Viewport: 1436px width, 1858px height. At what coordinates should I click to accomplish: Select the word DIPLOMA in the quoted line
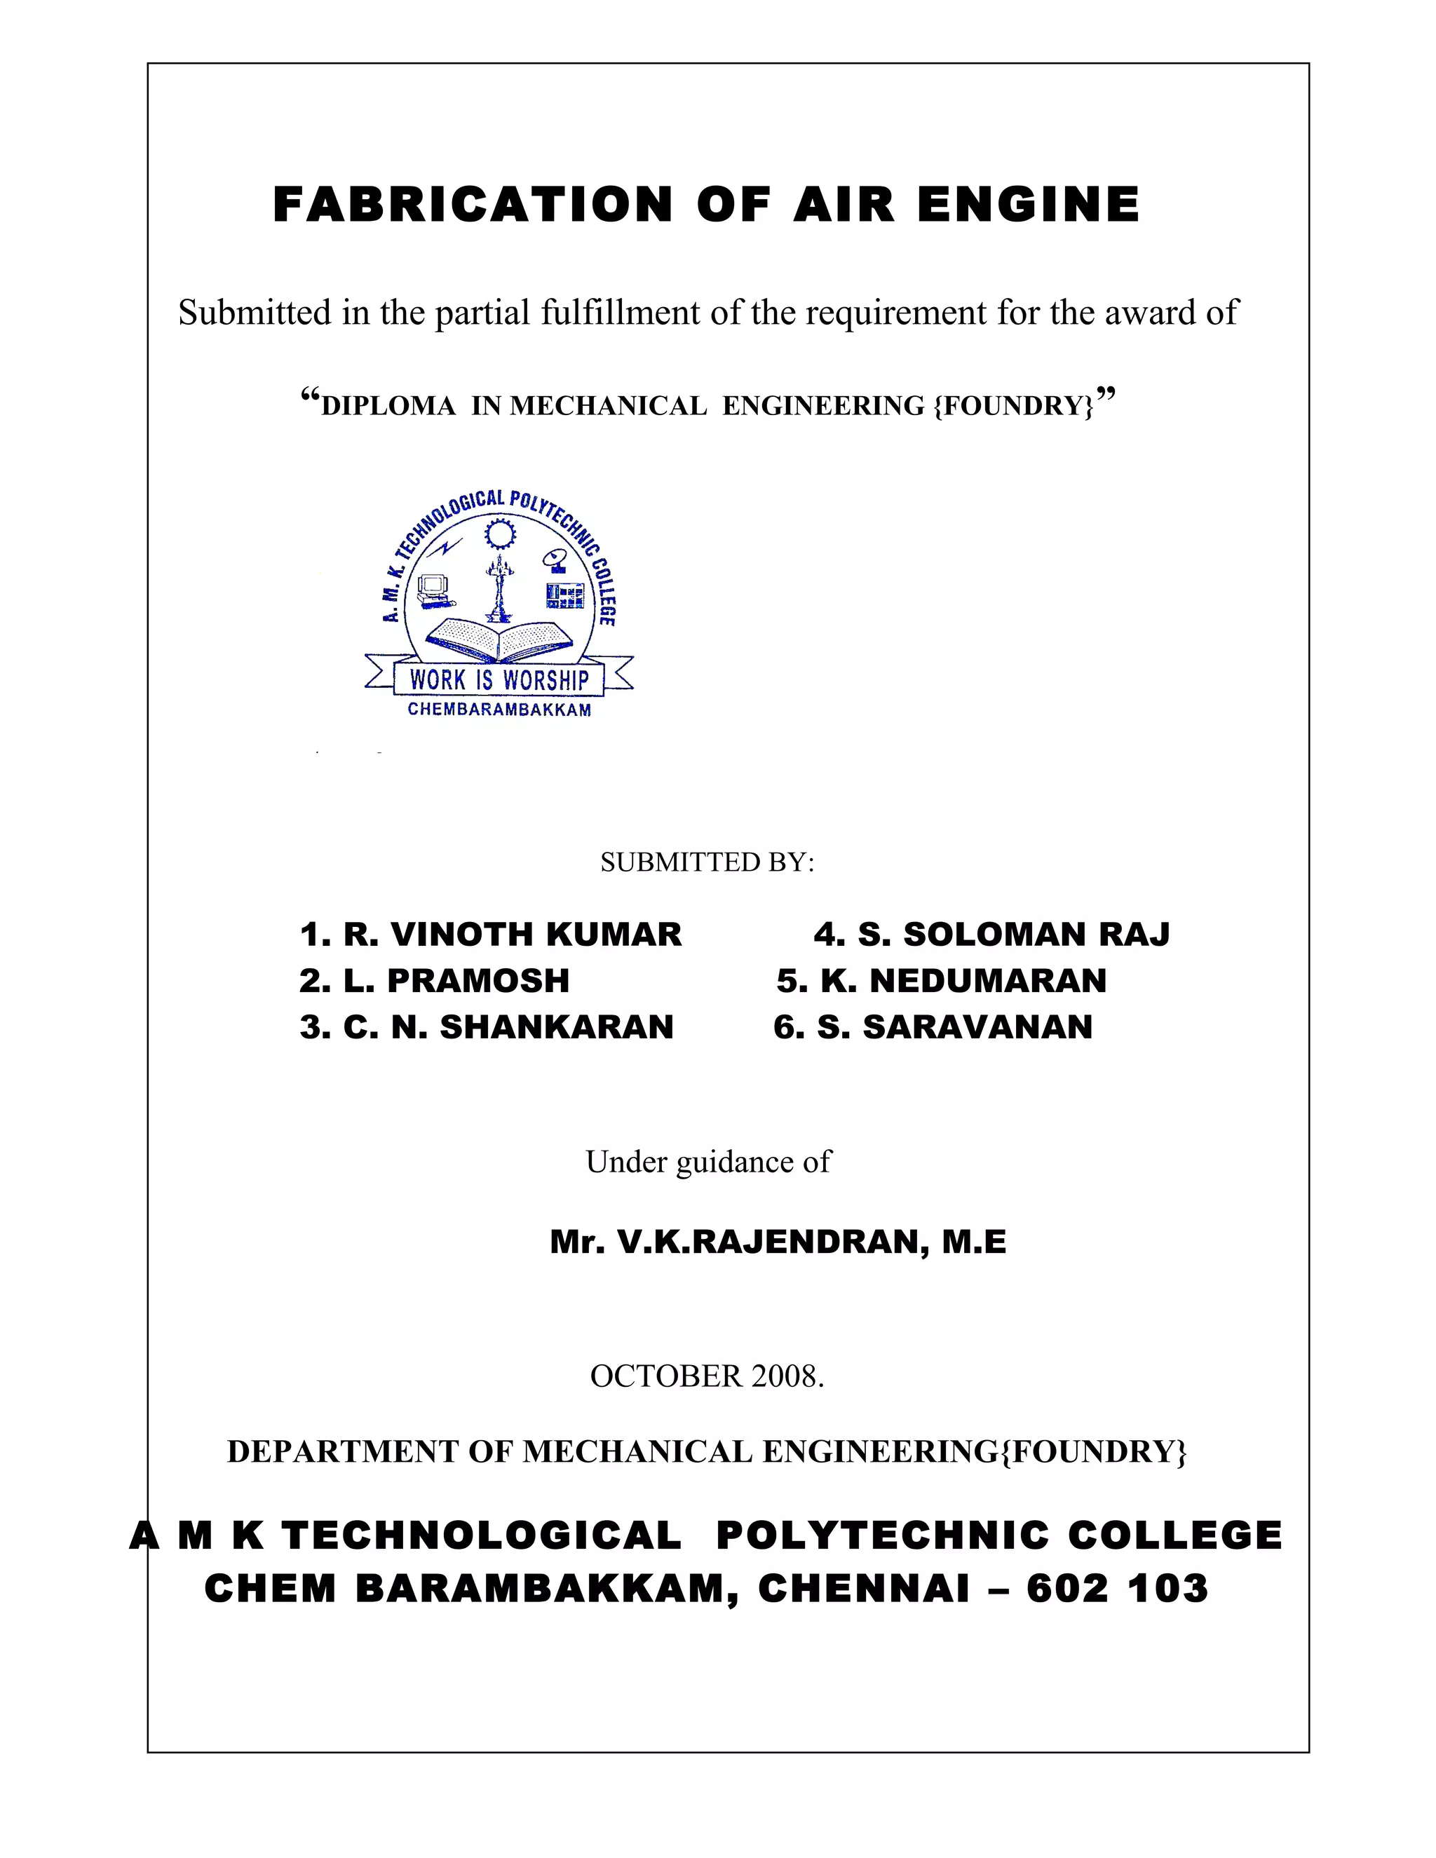point(388,406)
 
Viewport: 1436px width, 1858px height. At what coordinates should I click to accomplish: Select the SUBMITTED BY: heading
point(707,862)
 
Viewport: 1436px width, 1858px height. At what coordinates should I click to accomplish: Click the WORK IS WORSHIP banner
point(499,679)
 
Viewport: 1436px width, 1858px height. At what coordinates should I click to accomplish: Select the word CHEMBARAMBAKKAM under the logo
point(499,710)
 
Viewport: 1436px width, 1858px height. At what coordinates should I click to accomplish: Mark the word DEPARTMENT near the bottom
point(343,1452)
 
